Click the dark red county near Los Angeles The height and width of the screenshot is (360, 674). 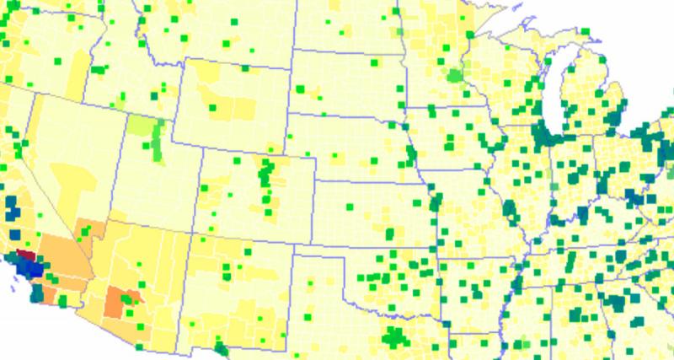[x=26, y=255]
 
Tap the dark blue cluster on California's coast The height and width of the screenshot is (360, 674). [x=32, y=269]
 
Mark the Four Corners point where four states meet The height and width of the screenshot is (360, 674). [x=190, y=234]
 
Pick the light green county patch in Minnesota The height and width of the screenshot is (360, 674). [x=456, y=76]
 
